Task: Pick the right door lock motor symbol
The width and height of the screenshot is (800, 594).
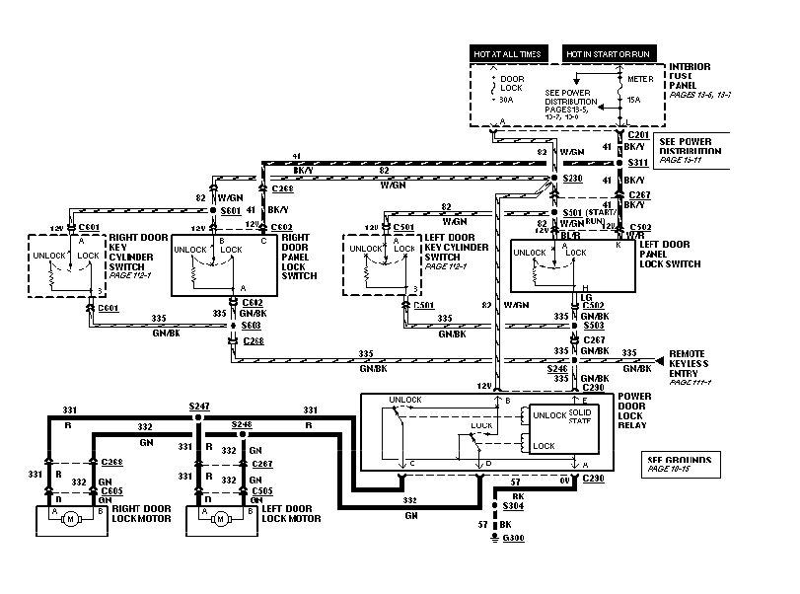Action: (x=72, y=519)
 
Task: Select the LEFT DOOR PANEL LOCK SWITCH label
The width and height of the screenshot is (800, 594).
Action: (x=670, y=253)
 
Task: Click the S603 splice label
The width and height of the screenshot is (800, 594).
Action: (x=254, y=325)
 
